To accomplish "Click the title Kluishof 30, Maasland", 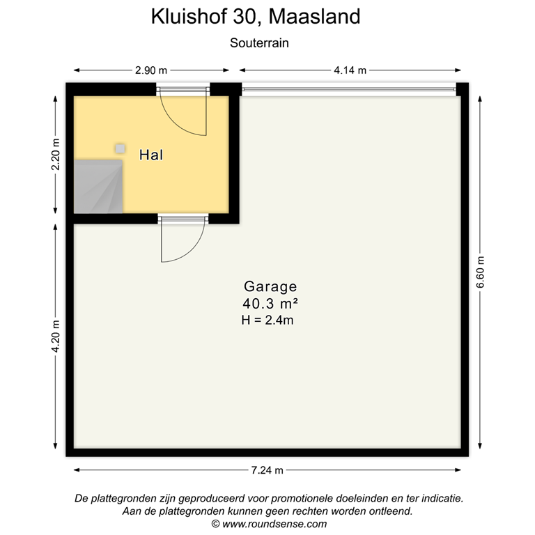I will click(x=256, y=17).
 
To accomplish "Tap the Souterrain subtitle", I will click(x=259, y=42).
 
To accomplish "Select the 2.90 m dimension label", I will click(x=151, y=70).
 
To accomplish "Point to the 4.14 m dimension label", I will click(x=350, y=70).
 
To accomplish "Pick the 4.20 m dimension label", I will click(x=56, y=336).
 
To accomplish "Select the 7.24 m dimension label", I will click(x=267, y=470).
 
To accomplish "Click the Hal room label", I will click(x=151, y=155).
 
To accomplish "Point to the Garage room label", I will click(x=270, y=286).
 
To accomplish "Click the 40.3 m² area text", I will click(x=270, y=304).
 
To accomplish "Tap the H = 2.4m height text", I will click(x=267, y=320).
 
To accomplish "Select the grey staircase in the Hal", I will click(x=98, y=187).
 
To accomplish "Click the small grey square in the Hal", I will click(x=121, y=148).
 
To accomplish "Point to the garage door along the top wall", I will click(x=348, y=89).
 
